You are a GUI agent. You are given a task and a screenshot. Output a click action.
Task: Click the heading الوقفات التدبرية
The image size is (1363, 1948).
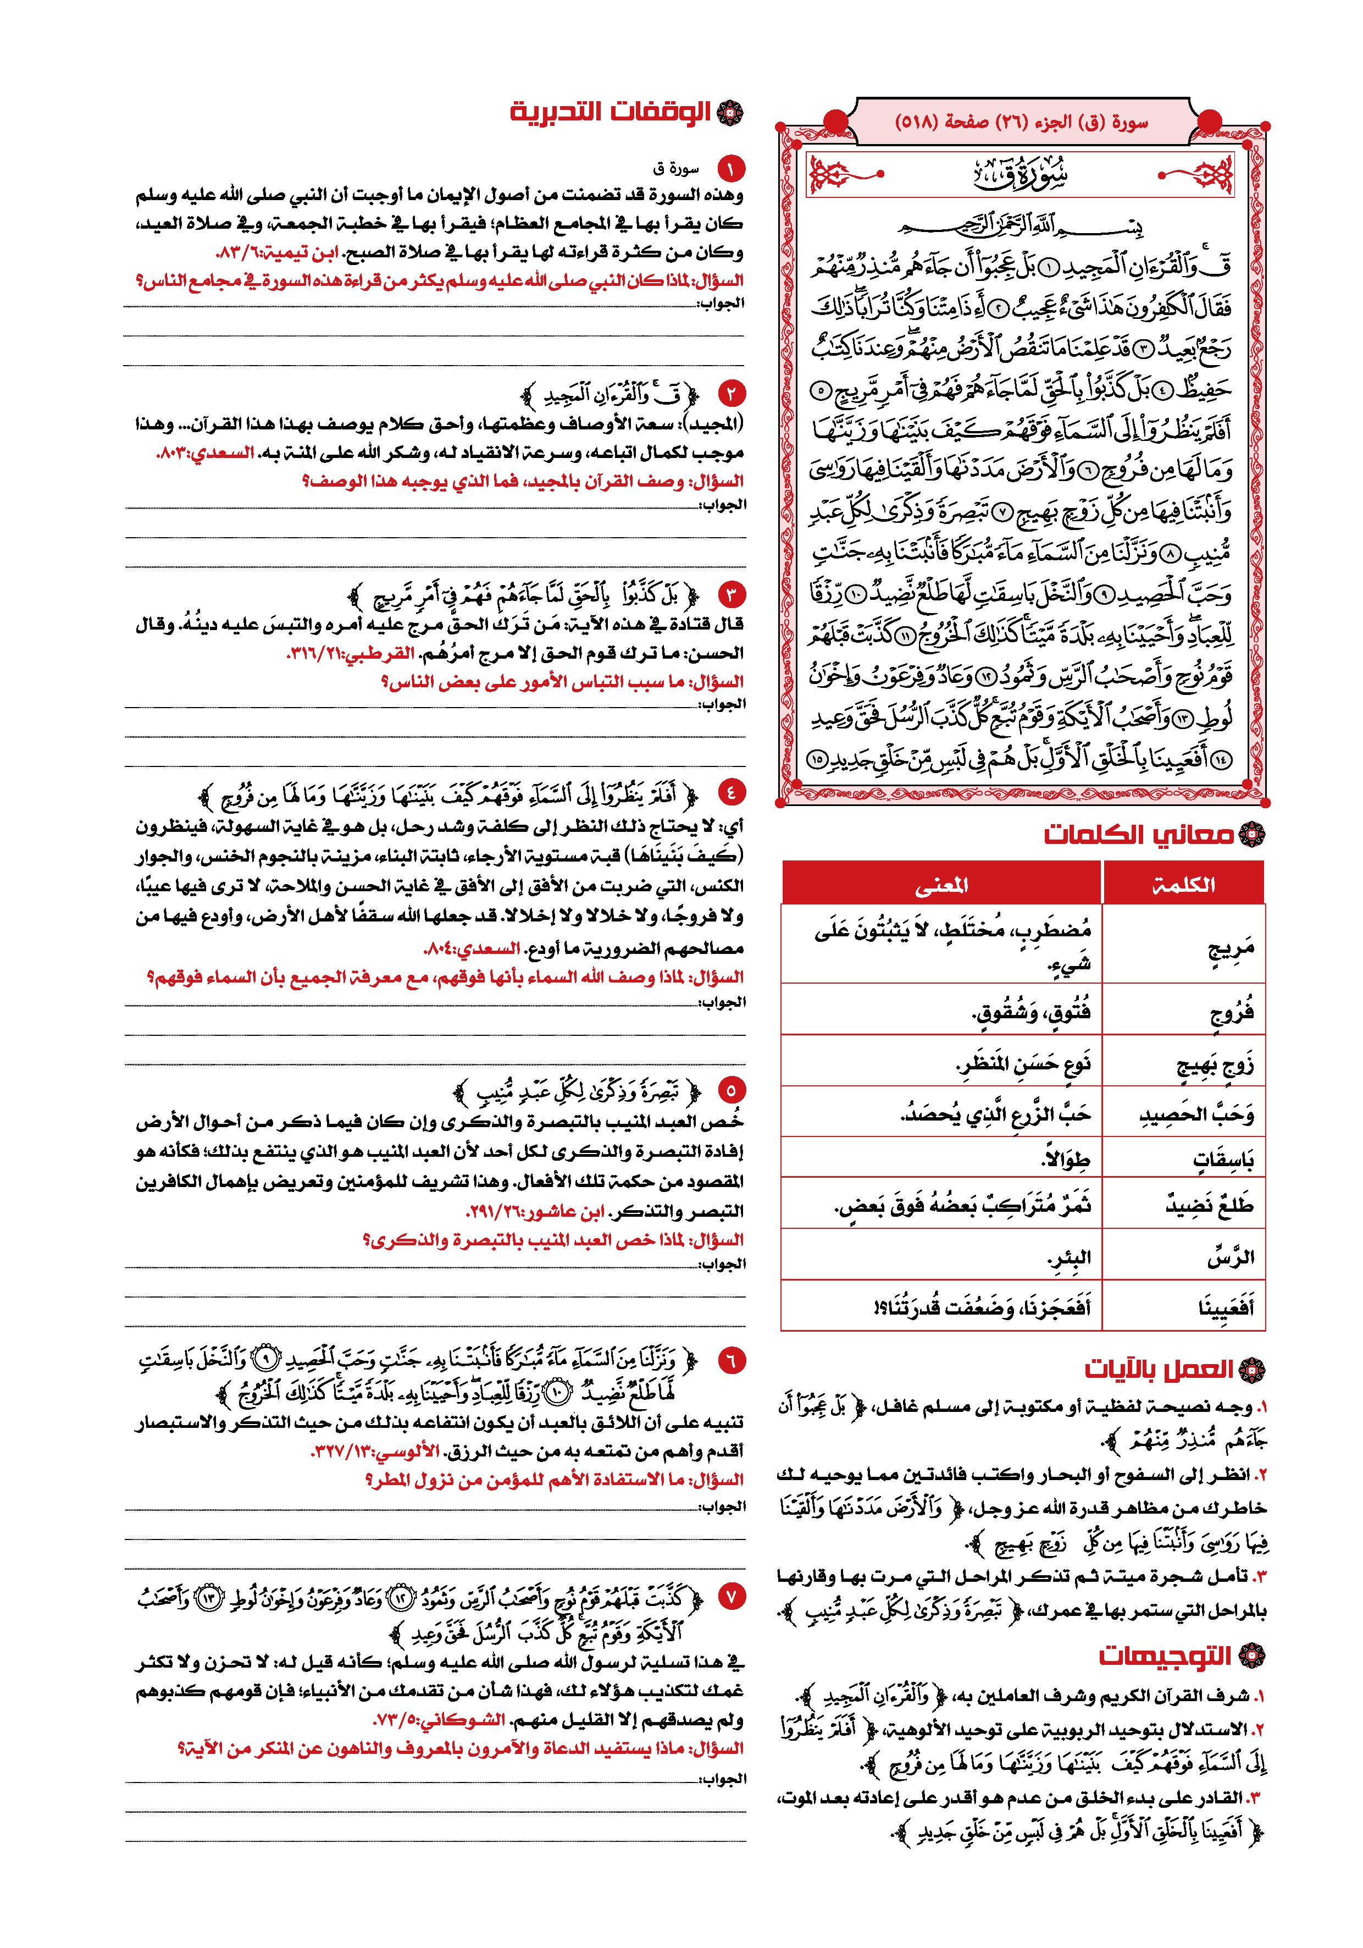[x=611, y=113]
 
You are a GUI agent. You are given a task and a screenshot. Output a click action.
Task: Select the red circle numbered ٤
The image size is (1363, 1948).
[x=729, y=792]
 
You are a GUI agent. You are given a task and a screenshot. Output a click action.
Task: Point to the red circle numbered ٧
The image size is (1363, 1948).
[x=729, y=1596]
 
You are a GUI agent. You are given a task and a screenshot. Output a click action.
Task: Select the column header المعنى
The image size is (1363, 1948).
[x=941, y=885]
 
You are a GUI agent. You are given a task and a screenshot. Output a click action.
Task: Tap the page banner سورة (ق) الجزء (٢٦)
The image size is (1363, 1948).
[x=1021, y=122]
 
